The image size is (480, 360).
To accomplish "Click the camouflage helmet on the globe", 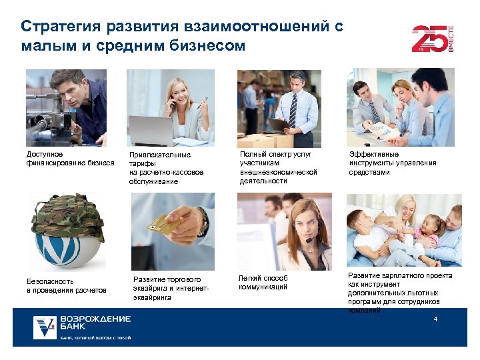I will point(62,213).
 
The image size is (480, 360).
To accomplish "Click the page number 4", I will point(435,320).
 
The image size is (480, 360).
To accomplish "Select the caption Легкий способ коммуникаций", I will point(263,282).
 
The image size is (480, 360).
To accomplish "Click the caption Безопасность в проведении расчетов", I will point(66,285).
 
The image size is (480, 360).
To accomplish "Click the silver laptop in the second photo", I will point(152,131).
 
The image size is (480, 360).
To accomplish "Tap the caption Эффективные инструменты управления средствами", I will point(393,163).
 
